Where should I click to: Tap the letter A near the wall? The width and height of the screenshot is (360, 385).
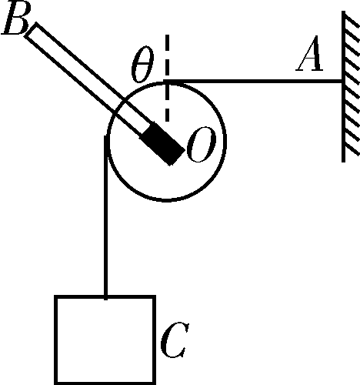tap(310, 53)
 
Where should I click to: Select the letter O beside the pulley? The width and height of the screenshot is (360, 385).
tap(202, 145)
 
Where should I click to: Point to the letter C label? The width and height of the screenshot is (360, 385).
tap(175, 340)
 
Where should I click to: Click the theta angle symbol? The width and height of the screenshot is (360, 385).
tap(142, 64)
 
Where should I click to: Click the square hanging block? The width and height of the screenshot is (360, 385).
tap(105, 340)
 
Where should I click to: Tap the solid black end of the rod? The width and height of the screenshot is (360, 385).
tap(162, 144)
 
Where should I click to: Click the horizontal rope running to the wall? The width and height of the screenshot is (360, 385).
tap(254, 82)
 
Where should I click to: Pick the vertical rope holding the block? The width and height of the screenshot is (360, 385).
tap(105, 217)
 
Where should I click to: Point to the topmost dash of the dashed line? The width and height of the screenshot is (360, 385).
tap(167, 42)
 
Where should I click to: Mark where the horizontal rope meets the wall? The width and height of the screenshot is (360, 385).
tap(342, 82)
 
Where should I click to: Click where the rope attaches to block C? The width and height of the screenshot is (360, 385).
tap(105, 297)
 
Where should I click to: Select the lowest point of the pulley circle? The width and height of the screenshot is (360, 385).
tap(167, 199)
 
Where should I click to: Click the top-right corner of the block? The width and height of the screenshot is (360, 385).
tap(155, 296)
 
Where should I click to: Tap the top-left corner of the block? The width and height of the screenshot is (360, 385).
tap(55, 296)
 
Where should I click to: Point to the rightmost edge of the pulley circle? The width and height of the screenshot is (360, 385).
tap(225, 141)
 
